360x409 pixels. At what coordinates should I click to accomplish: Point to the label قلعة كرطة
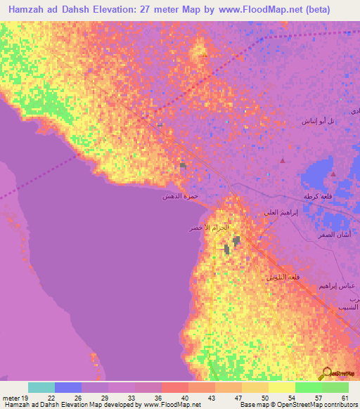pos(317,195)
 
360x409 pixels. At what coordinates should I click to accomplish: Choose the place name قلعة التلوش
pos(282,277)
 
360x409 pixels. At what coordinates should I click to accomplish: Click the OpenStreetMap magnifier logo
pos(327,373)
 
